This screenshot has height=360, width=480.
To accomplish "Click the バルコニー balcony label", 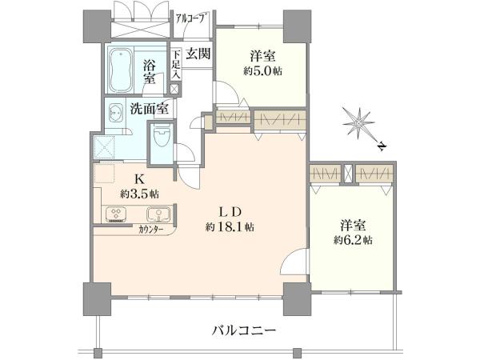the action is [x=244, y=330].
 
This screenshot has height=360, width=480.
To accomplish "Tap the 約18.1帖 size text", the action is [x=230, y=227].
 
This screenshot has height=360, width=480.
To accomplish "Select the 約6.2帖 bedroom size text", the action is [x=353, y=240].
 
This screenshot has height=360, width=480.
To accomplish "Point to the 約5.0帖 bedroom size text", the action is [x=262, y=71].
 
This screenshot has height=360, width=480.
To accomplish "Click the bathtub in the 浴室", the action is [x=122, y=70].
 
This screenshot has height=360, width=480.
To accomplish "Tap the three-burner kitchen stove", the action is [x=116, y=214].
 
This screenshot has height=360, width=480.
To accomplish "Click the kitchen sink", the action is [x=158, y=214].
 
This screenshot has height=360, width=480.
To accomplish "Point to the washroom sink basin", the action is [x=116, y=114].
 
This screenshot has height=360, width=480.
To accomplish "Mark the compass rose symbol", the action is [x=358, y=123].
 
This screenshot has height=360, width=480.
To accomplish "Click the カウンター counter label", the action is [x=150, y=230].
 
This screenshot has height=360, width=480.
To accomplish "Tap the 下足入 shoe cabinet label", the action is [x=175, y=66].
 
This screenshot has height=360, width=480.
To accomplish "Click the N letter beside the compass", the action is [x=381, y=147].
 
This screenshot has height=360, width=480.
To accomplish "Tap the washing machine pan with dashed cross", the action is [x=104, y=147].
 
